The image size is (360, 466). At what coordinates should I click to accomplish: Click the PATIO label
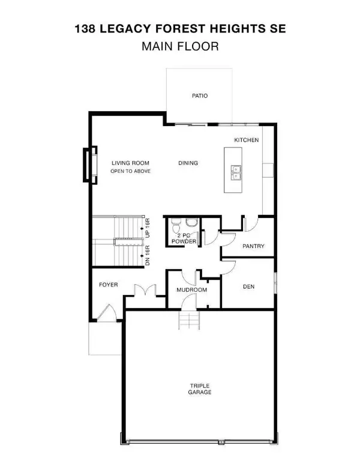pos(200,95)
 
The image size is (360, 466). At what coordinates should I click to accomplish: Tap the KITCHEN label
pos(247,140)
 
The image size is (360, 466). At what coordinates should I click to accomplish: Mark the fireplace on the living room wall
pos(89,165)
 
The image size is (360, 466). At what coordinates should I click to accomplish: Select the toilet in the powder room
pos(176,226)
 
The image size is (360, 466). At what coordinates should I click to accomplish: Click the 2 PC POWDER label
pos(184,238)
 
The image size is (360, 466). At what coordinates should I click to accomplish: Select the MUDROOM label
pos(192,290)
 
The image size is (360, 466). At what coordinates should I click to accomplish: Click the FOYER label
pos(108,285)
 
